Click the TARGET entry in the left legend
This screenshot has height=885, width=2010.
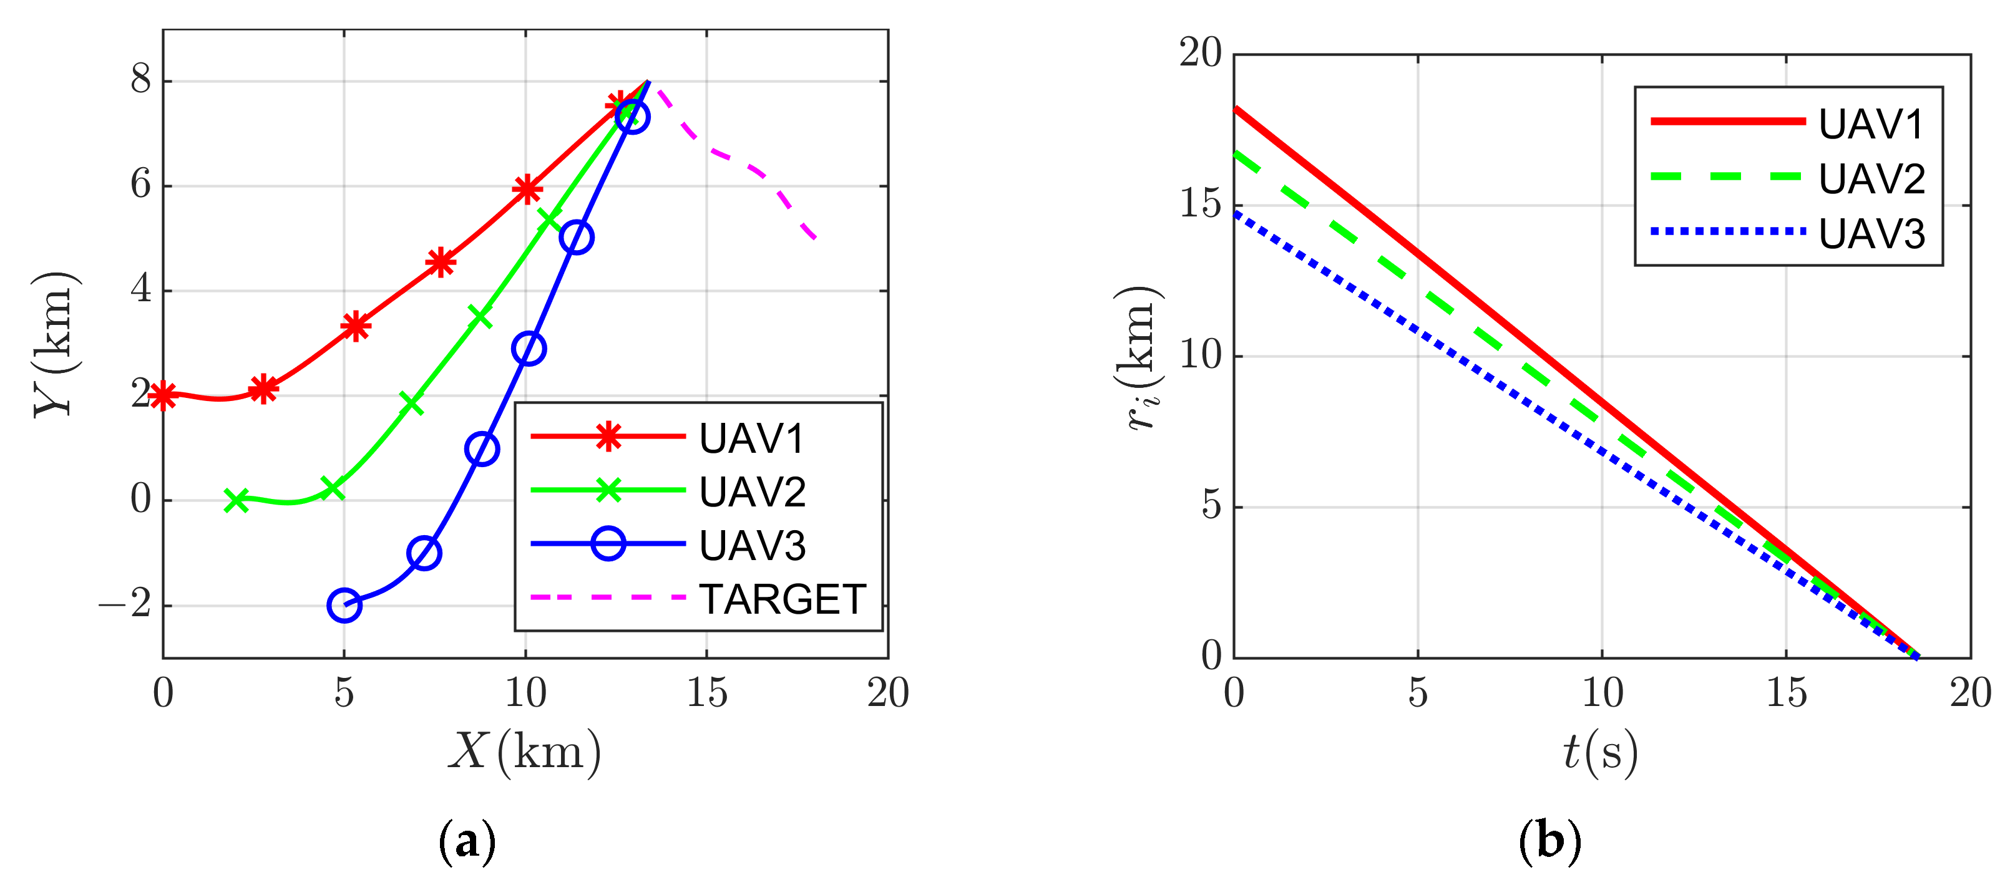pos(782,599)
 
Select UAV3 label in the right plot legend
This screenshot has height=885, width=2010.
pos(1871,233)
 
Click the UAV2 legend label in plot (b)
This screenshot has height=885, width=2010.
pos(1871,178)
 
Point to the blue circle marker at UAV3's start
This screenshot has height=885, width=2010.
pos(344,605)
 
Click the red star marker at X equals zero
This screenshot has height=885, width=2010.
pos(163,395)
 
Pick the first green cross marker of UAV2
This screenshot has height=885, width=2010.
pos(237,500)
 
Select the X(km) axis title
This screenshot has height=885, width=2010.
pos(524,752)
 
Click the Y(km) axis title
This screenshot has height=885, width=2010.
pos(55,344)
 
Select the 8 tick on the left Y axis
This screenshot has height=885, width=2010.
pos(140,80)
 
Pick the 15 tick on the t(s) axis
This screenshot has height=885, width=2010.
pos(1786,692)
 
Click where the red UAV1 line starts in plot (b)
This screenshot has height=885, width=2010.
pos(1235,109)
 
